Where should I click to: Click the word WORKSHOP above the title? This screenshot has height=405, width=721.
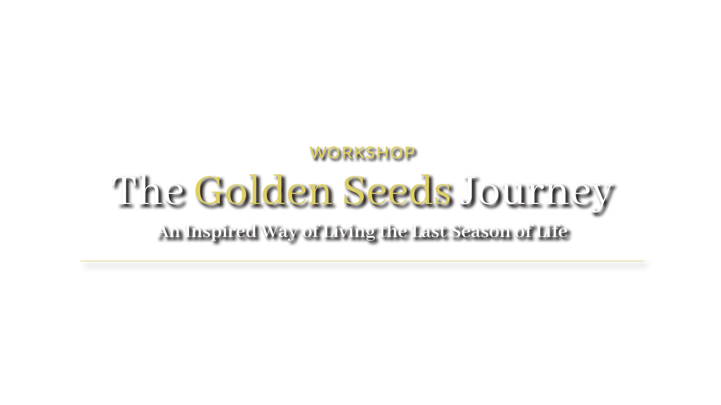coord(363,153)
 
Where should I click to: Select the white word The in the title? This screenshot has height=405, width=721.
coord(149,191)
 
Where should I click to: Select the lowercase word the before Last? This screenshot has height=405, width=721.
coord(394,231)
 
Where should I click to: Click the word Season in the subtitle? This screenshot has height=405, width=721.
coord(481,231)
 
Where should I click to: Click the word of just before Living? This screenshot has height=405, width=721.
coord(312,231)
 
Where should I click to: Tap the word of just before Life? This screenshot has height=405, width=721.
coord(525,231)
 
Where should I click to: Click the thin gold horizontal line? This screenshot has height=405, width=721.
coord(362,261)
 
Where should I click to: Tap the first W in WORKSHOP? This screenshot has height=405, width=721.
coord(318,153)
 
